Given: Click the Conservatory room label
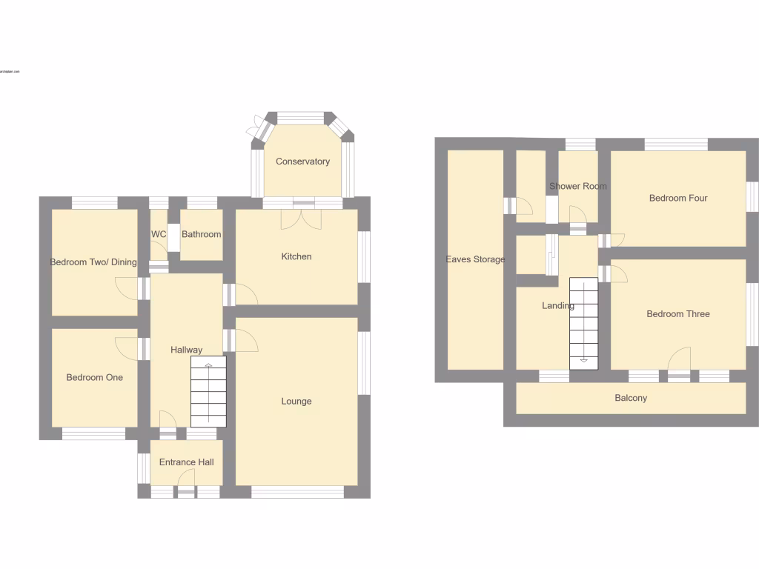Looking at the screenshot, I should tap(302, 162).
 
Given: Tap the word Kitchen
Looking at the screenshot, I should tap(296, 256).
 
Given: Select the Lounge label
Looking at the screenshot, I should tap(296, 402).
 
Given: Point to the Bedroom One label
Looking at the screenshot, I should tap(95, 378).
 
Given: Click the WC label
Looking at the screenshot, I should tap(159, 234).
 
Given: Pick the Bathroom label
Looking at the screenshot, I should tap(202, 234).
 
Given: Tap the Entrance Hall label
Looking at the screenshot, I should tap(187, 462).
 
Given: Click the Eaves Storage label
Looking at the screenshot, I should tap(475, 259).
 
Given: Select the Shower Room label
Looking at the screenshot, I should tap(578, 186).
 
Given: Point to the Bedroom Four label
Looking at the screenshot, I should tap(678, 198).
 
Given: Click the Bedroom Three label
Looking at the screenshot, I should tap(678, 314).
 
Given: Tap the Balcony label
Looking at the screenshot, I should tap(631, 398).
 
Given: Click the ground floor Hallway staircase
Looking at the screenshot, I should tap(208, 393).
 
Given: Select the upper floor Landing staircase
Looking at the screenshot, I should tap(583, 323).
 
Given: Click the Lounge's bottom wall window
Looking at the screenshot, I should tap(297, 491).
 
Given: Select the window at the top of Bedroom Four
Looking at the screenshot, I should tap(676, 145).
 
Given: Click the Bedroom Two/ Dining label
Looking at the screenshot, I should tap(93, 262).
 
